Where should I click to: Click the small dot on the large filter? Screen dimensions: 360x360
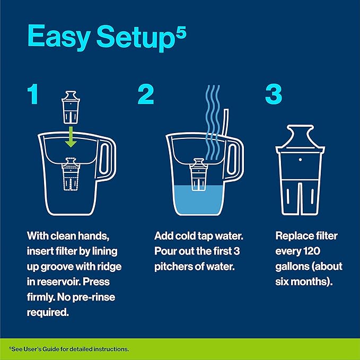(x=301, y=159)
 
